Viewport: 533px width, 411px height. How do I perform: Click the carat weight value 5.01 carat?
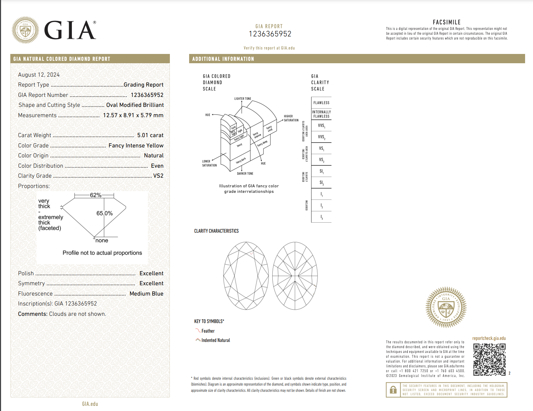150,135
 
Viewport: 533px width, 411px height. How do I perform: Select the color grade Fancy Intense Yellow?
136,146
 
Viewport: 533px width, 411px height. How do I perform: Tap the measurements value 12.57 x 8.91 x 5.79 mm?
133,115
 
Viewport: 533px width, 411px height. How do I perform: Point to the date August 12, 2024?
39,75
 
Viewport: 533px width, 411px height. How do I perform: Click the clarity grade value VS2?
158,176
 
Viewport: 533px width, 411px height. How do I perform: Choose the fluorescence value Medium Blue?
146,294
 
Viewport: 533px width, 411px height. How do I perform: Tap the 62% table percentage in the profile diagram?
96,195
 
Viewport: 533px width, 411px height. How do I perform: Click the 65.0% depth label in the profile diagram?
105,213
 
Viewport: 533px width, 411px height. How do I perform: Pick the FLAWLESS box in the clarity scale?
321,103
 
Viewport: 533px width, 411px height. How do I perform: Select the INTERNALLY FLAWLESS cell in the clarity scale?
321,114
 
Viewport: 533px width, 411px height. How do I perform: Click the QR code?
489,359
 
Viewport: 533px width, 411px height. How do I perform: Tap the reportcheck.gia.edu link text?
489,338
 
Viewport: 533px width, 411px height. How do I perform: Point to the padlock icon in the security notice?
393,390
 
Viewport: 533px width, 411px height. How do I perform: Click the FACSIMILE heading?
446,22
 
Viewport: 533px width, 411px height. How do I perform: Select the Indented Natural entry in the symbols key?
216,340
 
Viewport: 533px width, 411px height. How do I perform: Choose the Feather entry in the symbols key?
208,331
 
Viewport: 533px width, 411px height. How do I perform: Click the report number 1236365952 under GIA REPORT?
270,34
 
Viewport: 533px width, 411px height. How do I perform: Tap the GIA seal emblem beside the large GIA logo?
25,30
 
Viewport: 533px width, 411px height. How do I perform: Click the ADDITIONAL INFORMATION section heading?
223,59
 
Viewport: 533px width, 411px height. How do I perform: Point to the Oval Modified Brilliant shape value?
135,105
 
